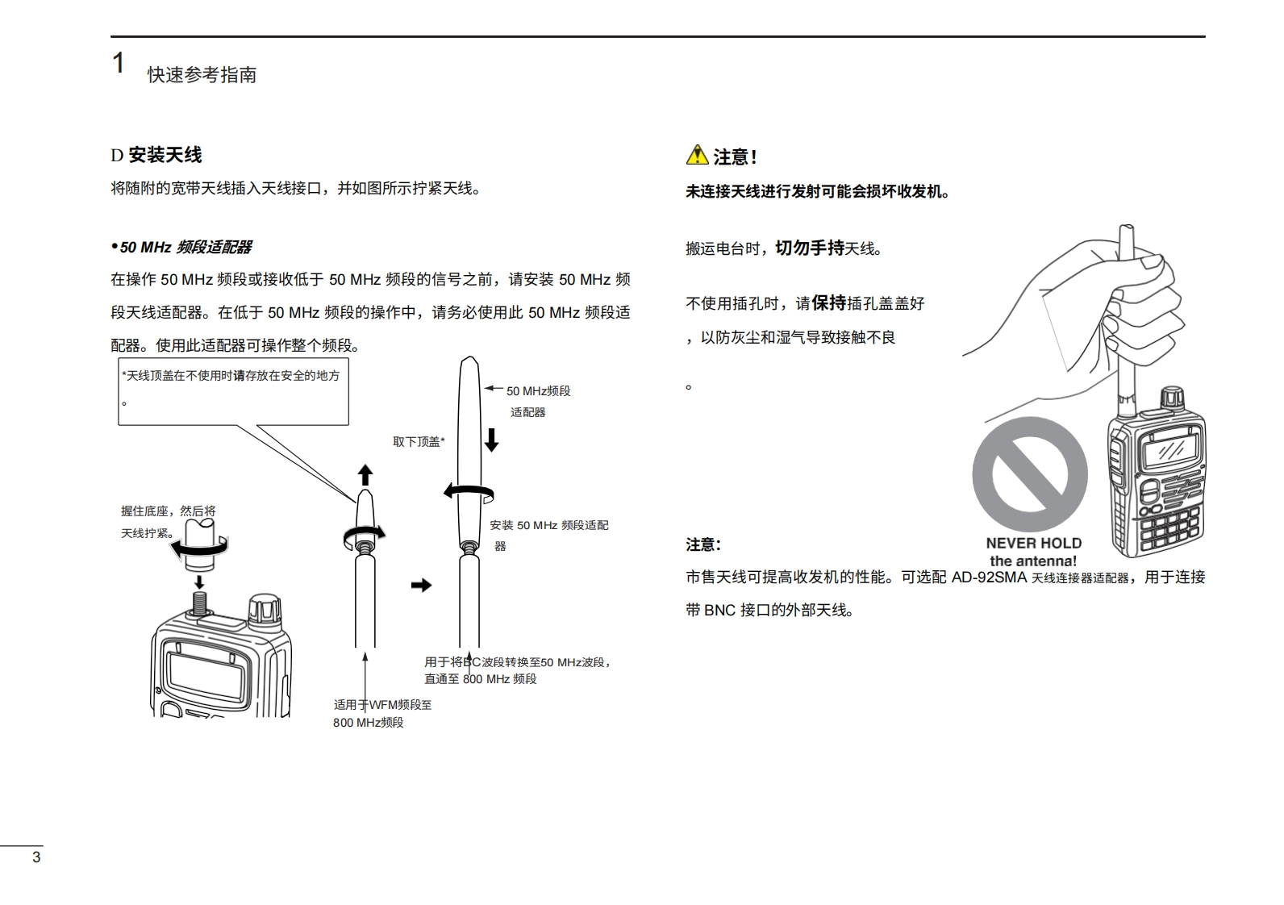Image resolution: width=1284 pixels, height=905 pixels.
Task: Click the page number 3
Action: tap(36, 857)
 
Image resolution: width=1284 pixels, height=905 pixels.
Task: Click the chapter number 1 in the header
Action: tap(119, 63)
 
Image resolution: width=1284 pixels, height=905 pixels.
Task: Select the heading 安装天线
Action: tap(165, 155)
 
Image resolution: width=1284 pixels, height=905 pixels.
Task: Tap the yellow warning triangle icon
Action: tap(696, 155)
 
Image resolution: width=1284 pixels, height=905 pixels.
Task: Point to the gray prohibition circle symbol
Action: tap(1029, 474)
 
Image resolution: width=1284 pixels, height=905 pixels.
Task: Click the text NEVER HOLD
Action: tap(1033, 544)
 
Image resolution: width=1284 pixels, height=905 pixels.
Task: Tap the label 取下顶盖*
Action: tap(419, 442)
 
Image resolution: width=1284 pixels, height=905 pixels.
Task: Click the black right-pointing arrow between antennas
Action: tap(421, 585)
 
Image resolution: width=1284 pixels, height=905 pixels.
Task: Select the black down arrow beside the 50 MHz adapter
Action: tap(491, 440)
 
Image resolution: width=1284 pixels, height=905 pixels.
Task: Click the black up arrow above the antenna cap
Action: tap(365, 474)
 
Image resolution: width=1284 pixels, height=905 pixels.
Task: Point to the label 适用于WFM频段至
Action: tap(383, 705)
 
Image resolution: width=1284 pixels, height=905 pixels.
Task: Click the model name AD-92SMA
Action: tap(989, 578)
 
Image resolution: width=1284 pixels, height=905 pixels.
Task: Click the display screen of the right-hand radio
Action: tap(1169, 446)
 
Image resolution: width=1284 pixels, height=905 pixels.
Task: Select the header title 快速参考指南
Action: tap(202, 75)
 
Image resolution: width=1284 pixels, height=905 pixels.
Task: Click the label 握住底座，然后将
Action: tap(169, 511)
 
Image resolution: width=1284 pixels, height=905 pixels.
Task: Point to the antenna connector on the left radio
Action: tap(199, 602)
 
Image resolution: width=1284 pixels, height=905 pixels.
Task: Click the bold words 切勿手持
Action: tap(809, 248)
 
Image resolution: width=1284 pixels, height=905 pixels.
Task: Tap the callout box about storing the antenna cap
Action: tap(233, 392)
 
